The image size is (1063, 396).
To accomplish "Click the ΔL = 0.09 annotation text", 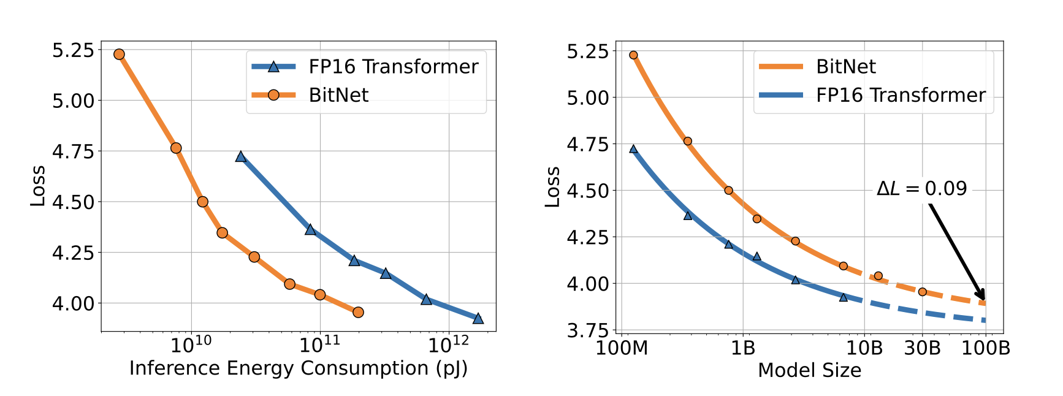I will click(921, 188).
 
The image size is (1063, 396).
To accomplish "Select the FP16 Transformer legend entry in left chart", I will click(365, 66).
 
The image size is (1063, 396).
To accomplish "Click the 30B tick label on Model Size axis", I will click(922, 348).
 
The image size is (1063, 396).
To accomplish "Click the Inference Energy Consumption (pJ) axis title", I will click(299, 368).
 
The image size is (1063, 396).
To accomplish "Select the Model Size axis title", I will click(809, 370).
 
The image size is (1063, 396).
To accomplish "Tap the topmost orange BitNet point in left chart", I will click(120, 55).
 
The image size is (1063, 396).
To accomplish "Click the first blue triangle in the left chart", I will click(241, 157).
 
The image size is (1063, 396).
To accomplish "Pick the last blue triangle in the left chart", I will click(478, 318).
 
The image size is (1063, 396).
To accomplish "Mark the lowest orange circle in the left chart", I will click(359, 313).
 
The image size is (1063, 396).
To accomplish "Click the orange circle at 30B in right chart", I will click(922, 292).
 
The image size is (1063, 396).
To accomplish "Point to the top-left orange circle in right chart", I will click(634, 55).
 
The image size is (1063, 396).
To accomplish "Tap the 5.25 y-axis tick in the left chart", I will click(74, 50).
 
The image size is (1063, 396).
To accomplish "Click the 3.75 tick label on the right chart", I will click(588, 331).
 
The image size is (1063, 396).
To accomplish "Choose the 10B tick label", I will click(864, 348).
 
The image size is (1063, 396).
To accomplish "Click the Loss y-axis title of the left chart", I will click(38, 186).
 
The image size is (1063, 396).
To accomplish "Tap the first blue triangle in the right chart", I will click(634, 149).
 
